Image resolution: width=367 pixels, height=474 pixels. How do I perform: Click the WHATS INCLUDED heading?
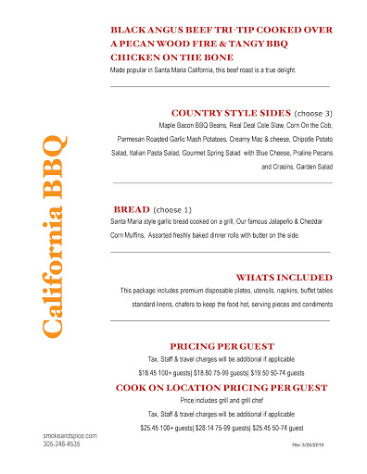pyautogui.click(x=284, y=277)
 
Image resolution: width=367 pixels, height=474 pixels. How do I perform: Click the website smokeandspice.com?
pyautogui.click(x=70, y=435)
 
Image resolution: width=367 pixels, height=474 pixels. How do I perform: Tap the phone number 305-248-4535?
pyautogui.click(x=62, y=444)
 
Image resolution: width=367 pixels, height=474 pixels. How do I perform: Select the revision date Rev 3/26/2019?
pyautogui.click(x=310, y=445)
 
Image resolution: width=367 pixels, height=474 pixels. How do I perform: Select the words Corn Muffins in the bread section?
pyautogui.click(x=132, y=237)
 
